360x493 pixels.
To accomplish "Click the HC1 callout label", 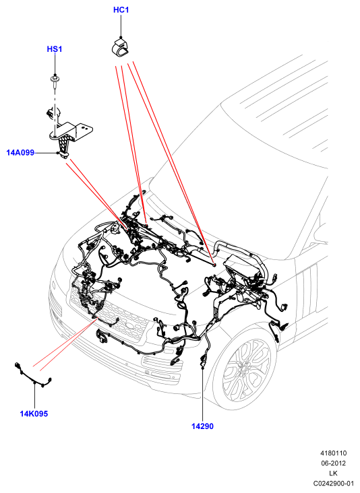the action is [121, 10].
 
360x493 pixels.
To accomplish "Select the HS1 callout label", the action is [55, 49].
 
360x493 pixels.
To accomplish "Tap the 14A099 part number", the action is [20, 153].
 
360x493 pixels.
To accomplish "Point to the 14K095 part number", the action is [34, 414].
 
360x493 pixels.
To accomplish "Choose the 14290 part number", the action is [202, 426].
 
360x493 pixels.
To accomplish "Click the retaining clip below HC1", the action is [121, 48].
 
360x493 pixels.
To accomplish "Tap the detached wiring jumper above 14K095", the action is [33, 375].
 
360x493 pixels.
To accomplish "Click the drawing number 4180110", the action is [333, 453].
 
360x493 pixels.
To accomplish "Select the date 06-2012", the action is [333, 463].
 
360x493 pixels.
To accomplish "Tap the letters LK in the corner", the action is [333, 473].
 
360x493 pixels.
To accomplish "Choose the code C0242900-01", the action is [333, 484].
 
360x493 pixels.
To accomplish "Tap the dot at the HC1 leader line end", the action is [121, 37].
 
